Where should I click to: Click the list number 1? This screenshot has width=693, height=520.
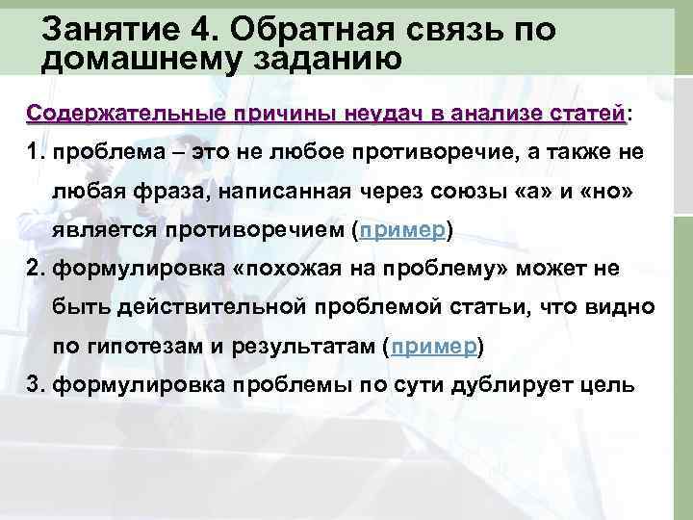point(36,153)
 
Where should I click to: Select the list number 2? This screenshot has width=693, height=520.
point(36,268)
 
